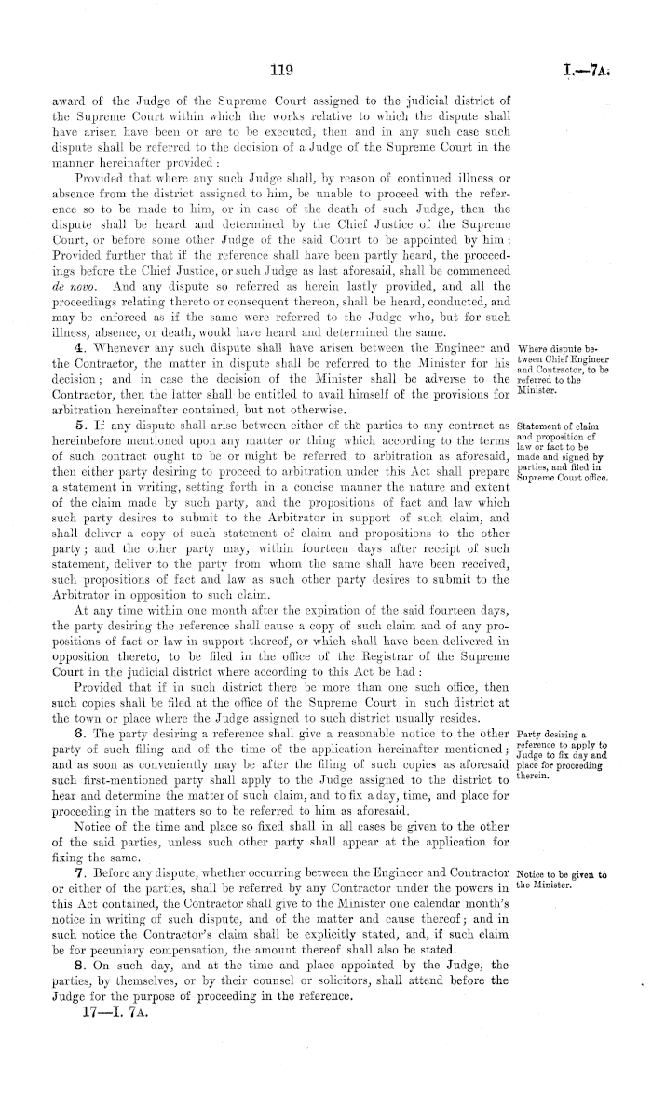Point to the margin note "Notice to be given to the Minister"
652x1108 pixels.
pyautogui.click(x=562, y=879)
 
